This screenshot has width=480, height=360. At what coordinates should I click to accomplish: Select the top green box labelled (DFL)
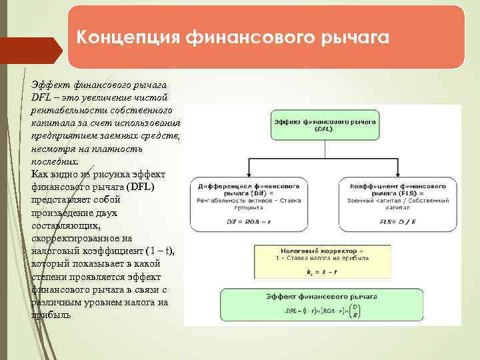pyautogui.click(x=325, y=125)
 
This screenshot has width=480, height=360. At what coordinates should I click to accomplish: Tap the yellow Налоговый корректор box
pyautogui.click(x=325, y=260)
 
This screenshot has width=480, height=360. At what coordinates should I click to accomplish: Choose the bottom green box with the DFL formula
pyautogui.click(x=325, y=305)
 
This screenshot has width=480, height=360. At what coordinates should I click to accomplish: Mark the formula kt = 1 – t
pyautogui.click(x=325, y=273)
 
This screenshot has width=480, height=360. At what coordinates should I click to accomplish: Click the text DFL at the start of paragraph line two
pyautogui.click(x=41, y=97)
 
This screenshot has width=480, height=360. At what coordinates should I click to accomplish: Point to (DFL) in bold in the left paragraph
pyautogui.click(x=139, y=187)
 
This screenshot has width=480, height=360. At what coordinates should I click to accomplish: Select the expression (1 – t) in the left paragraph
pyautogui.click(x=159, y=251)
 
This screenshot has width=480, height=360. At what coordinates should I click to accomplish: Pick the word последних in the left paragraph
pyautogui.click(x=54, y=161)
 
